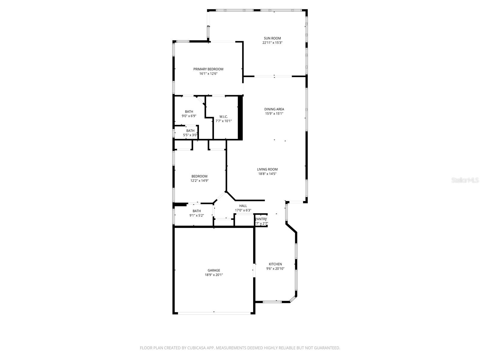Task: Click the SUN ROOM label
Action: coord(272,38)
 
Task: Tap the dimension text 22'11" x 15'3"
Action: coord(272,43)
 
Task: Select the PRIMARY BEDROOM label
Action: coord(208,69)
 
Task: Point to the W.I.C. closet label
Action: coord(223,116)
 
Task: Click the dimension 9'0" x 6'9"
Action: coord(189,116)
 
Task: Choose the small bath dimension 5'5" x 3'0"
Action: coord(190,135)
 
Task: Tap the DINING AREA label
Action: coord(274,109)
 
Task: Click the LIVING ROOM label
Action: coord(267,169)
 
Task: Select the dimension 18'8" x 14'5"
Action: coord(267,174)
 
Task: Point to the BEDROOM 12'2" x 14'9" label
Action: coord(199,176)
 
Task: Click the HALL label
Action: coord(243,206)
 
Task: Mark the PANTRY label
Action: coord(261,219)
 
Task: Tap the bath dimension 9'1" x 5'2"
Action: coord(196,215)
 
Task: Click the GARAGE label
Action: coord(214,270)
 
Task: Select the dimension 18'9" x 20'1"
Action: coord(214,275)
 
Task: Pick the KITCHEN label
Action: coord(275,264)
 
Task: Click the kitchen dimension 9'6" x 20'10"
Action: coord(275,269)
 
